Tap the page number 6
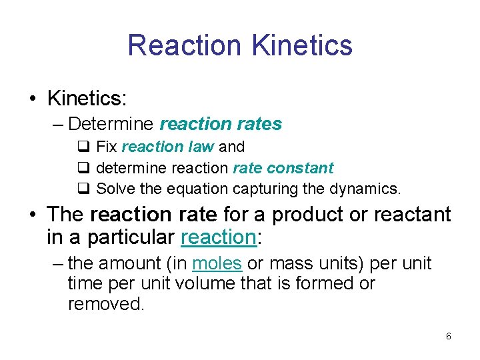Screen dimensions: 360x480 pos(449,336)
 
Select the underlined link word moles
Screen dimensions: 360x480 pos(217,263)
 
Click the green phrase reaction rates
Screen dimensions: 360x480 pos(221,124)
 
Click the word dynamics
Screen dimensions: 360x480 pos(365,189)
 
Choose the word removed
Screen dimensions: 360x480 pos(105,304)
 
